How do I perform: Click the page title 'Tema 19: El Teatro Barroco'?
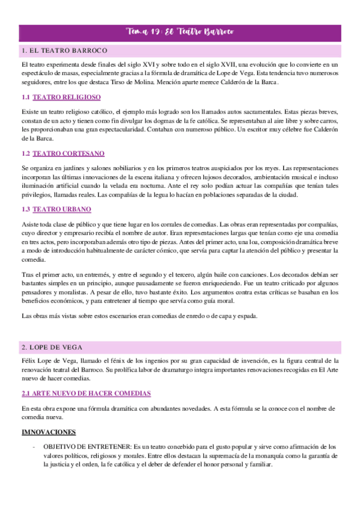(180, 31)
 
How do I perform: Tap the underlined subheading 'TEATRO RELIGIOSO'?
(67, 97)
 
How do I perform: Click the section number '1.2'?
(25, 153)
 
